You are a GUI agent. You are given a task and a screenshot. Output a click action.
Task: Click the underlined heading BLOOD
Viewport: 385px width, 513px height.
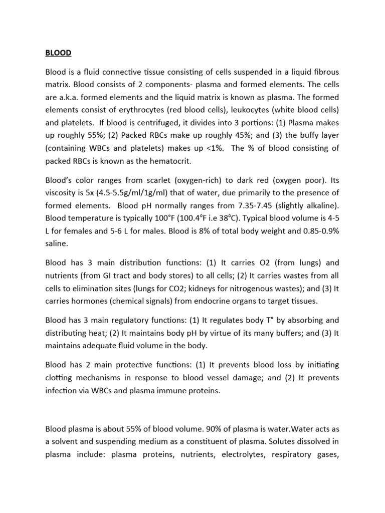tap(58, 53)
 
